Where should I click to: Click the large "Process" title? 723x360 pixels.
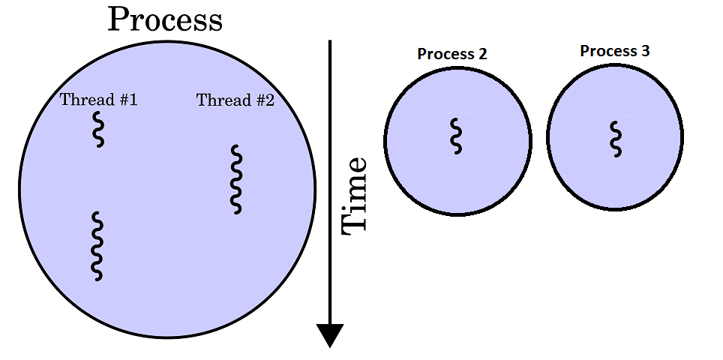[x=165, y=19]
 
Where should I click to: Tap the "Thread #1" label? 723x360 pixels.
[x=98, y=100]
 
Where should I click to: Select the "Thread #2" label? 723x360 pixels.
[x=235, y=100]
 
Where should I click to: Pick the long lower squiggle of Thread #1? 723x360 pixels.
[x=97, y=246]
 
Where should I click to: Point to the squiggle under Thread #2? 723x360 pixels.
[x=236, y=179]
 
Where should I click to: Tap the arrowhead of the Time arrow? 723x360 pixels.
[x=330, y=335]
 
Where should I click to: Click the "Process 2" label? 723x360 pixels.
[x=452, y=54]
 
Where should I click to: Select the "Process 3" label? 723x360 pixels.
[x=615, y=51]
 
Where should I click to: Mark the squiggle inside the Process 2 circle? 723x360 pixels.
[x=455, y=136]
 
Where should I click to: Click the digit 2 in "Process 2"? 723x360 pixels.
[x=482, y=54]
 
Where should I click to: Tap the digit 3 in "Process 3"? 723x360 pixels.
[x=645, y=51]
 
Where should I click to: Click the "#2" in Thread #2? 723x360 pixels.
[x=264, y=100]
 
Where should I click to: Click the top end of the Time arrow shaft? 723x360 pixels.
[x=330, y=43]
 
